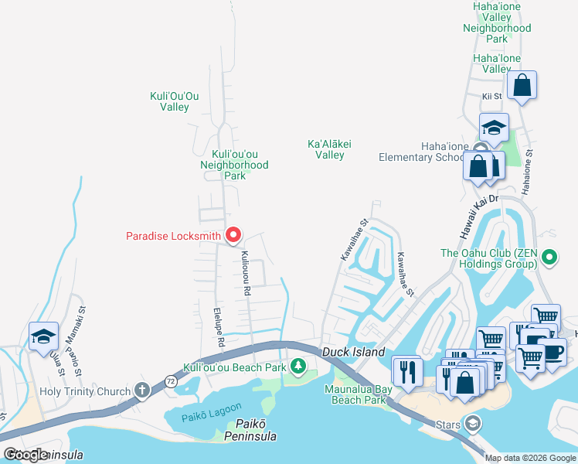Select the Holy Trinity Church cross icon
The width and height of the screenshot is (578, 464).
coord(142,391)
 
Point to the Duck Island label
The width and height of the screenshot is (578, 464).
coord(353,353)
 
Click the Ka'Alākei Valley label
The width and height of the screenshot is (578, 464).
coord(325,149)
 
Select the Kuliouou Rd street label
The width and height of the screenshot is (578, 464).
coord(246,273)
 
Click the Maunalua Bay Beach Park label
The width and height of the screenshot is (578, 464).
coord(359,394)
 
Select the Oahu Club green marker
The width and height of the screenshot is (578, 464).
coord(549,256)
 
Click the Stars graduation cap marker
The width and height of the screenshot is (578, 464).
coord(471,423)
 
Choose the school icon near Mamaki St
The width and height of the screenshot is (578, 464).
coord(43,336)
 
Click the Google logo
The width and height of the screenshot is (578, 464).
coord(25,454)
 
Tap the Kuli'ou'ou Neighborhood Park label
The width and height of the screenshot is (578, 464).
coord(234,165)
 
